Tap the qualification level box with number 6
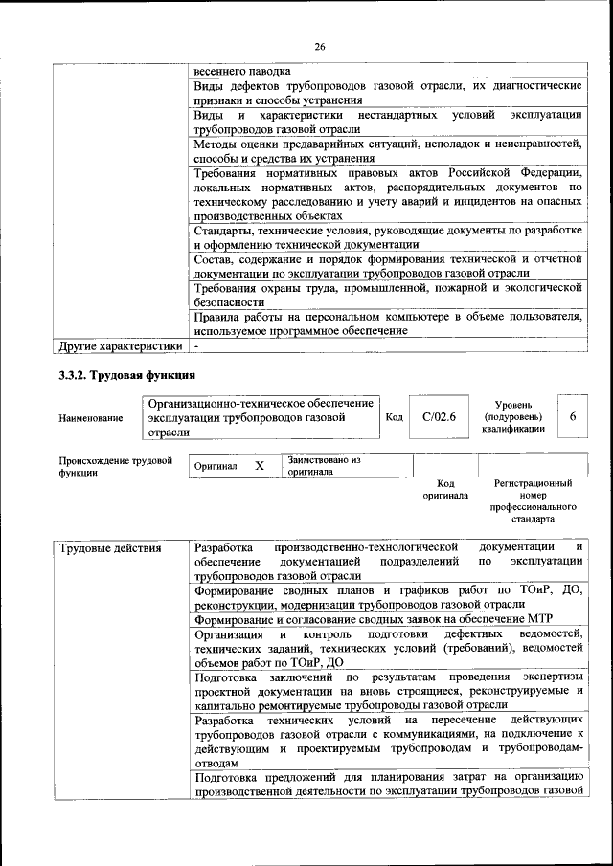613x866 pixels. (572, 416)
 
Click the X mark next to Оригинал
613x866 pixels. (259, 465)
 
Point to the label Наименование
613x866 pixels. (91, 418)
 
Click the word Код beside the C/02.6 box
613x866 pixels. (394, 416)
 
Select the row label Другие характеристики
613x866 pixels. (120, 344)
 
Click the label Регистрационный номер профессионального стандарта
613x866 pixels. (533, 502)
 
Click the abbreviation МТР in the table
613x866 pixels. (539, 619)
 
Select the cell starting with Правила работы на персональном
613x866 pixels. (387, 322)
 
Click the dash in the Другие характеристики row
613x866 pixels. (196, 344)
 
